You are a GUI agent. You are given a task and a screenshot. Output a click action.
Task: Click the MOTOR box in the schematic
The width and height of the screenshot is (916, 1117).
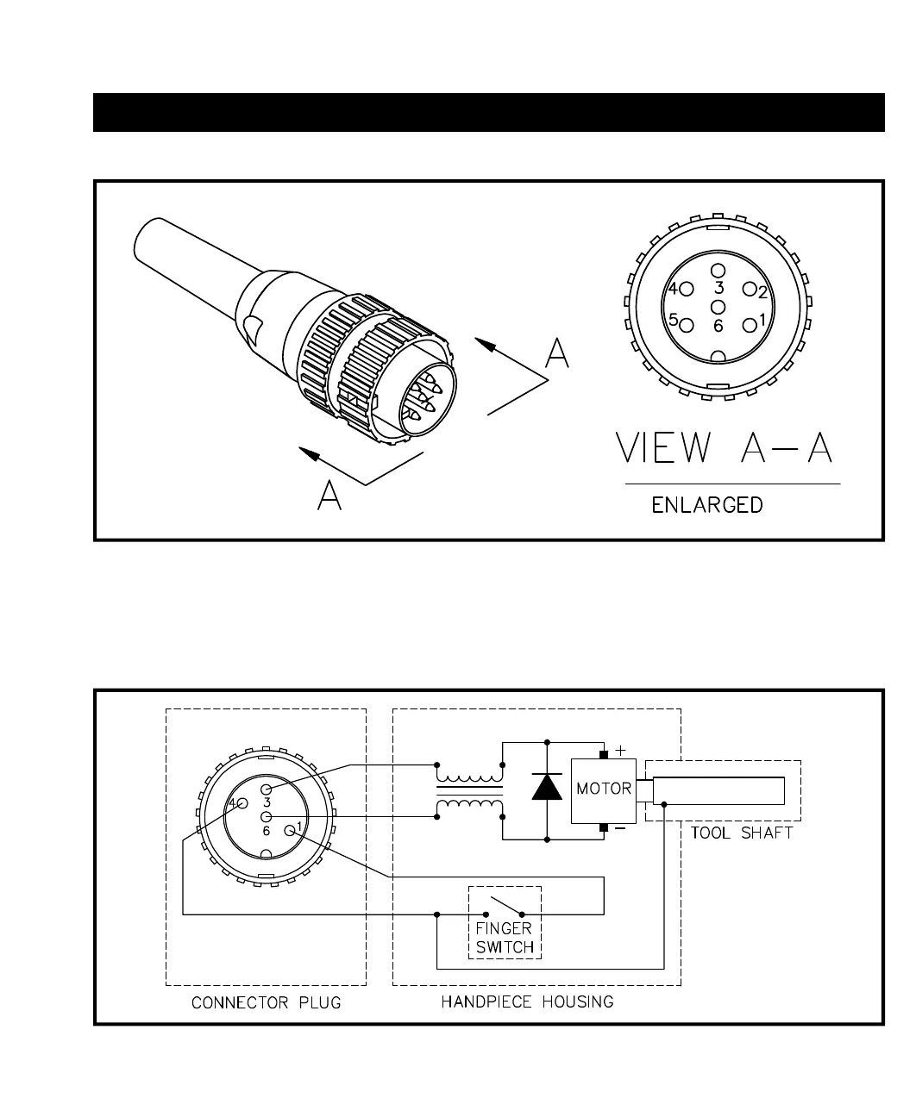pos(604,789)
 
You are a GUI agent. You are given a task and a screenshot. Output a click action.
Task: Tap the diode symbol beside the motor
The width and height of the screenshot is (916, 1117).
pos(547,787)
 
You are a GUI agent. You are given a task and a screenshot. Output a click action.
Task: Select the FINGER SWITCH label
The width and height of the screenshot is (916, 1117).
pos(505,938)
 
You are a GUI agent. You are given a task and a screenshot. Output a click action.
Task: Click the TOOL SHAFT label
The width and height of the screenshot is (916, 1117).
pos(741,833)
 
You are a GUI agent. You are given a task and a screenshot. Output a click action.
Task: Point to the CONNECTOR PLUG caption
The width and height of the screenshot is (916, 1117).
pos(266,1002)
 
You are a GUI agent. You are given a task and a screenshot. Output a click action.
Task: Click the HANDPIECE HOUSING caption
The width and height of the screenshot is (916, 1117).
pos(527,1002)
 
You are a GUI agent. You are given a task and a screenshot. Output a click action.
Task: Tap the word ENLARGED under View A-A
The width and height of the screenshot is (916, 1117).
pos(707,505)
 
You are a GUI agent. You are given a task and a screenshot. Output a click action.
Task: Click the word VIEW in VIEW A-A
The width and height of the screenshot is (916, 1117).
pos(663,449)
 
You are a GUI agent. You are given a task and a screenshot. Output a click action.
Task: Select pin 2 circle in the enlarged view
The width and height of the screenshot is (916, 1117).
pos(750,290)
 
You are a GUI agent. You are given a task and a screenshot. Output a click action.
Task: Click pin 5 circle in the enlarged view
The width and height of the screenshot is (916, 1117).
pos(687,325)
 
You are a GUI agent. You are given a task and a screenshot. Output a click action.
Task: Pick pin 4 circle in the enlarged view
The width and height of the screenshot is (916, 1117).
pos(687,290)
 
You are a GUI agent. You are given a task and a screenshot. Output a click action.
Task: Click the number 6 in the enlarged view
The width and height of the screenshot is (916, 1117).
pos(718,327)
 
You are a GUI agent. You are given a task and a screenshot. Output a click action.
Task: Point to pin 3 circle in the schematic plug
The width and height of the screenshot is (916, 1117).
pos(267,789)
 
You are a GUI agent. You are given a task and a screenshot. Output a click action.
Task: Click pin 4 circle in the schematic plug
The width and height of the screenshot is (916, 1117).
pos(242,803)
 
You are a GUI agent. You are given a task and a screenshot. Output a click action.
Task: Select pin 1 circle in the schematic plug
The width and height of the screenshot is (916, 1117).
pos(290,831)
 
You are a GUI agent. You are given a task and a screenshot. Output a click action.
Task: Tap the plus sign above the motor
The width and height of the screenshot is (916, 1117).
pos(619,750)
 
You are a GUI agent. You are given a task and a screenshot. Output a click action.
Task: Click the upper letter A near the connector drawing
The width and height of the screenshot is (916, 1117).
pos(558,353)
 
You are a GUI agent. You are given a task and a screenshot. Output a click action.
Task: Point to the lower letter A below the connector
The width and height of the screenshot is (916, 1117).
pos(329,495)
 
